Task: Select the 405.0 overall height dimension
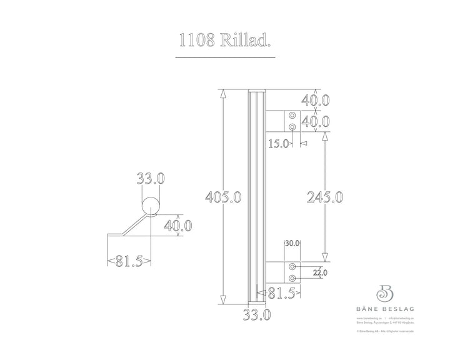[224, 197]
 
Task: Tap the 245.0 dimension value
[324, 197]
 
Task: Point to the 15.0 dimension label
[278, 143]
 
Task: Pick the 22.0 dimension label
[319, 272]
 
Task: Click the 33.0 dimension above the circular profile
[151, 179]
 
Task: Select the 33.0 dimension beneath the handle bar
[257, 315]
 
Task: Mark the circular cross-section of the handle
[151, 206]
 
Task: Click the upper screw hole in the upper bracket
[292, 116]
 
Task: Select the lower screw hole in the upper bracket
[292, 127]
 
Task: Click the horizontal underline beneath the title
[225, 57]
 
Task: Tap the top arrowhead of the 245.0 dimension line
[325, 136]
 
